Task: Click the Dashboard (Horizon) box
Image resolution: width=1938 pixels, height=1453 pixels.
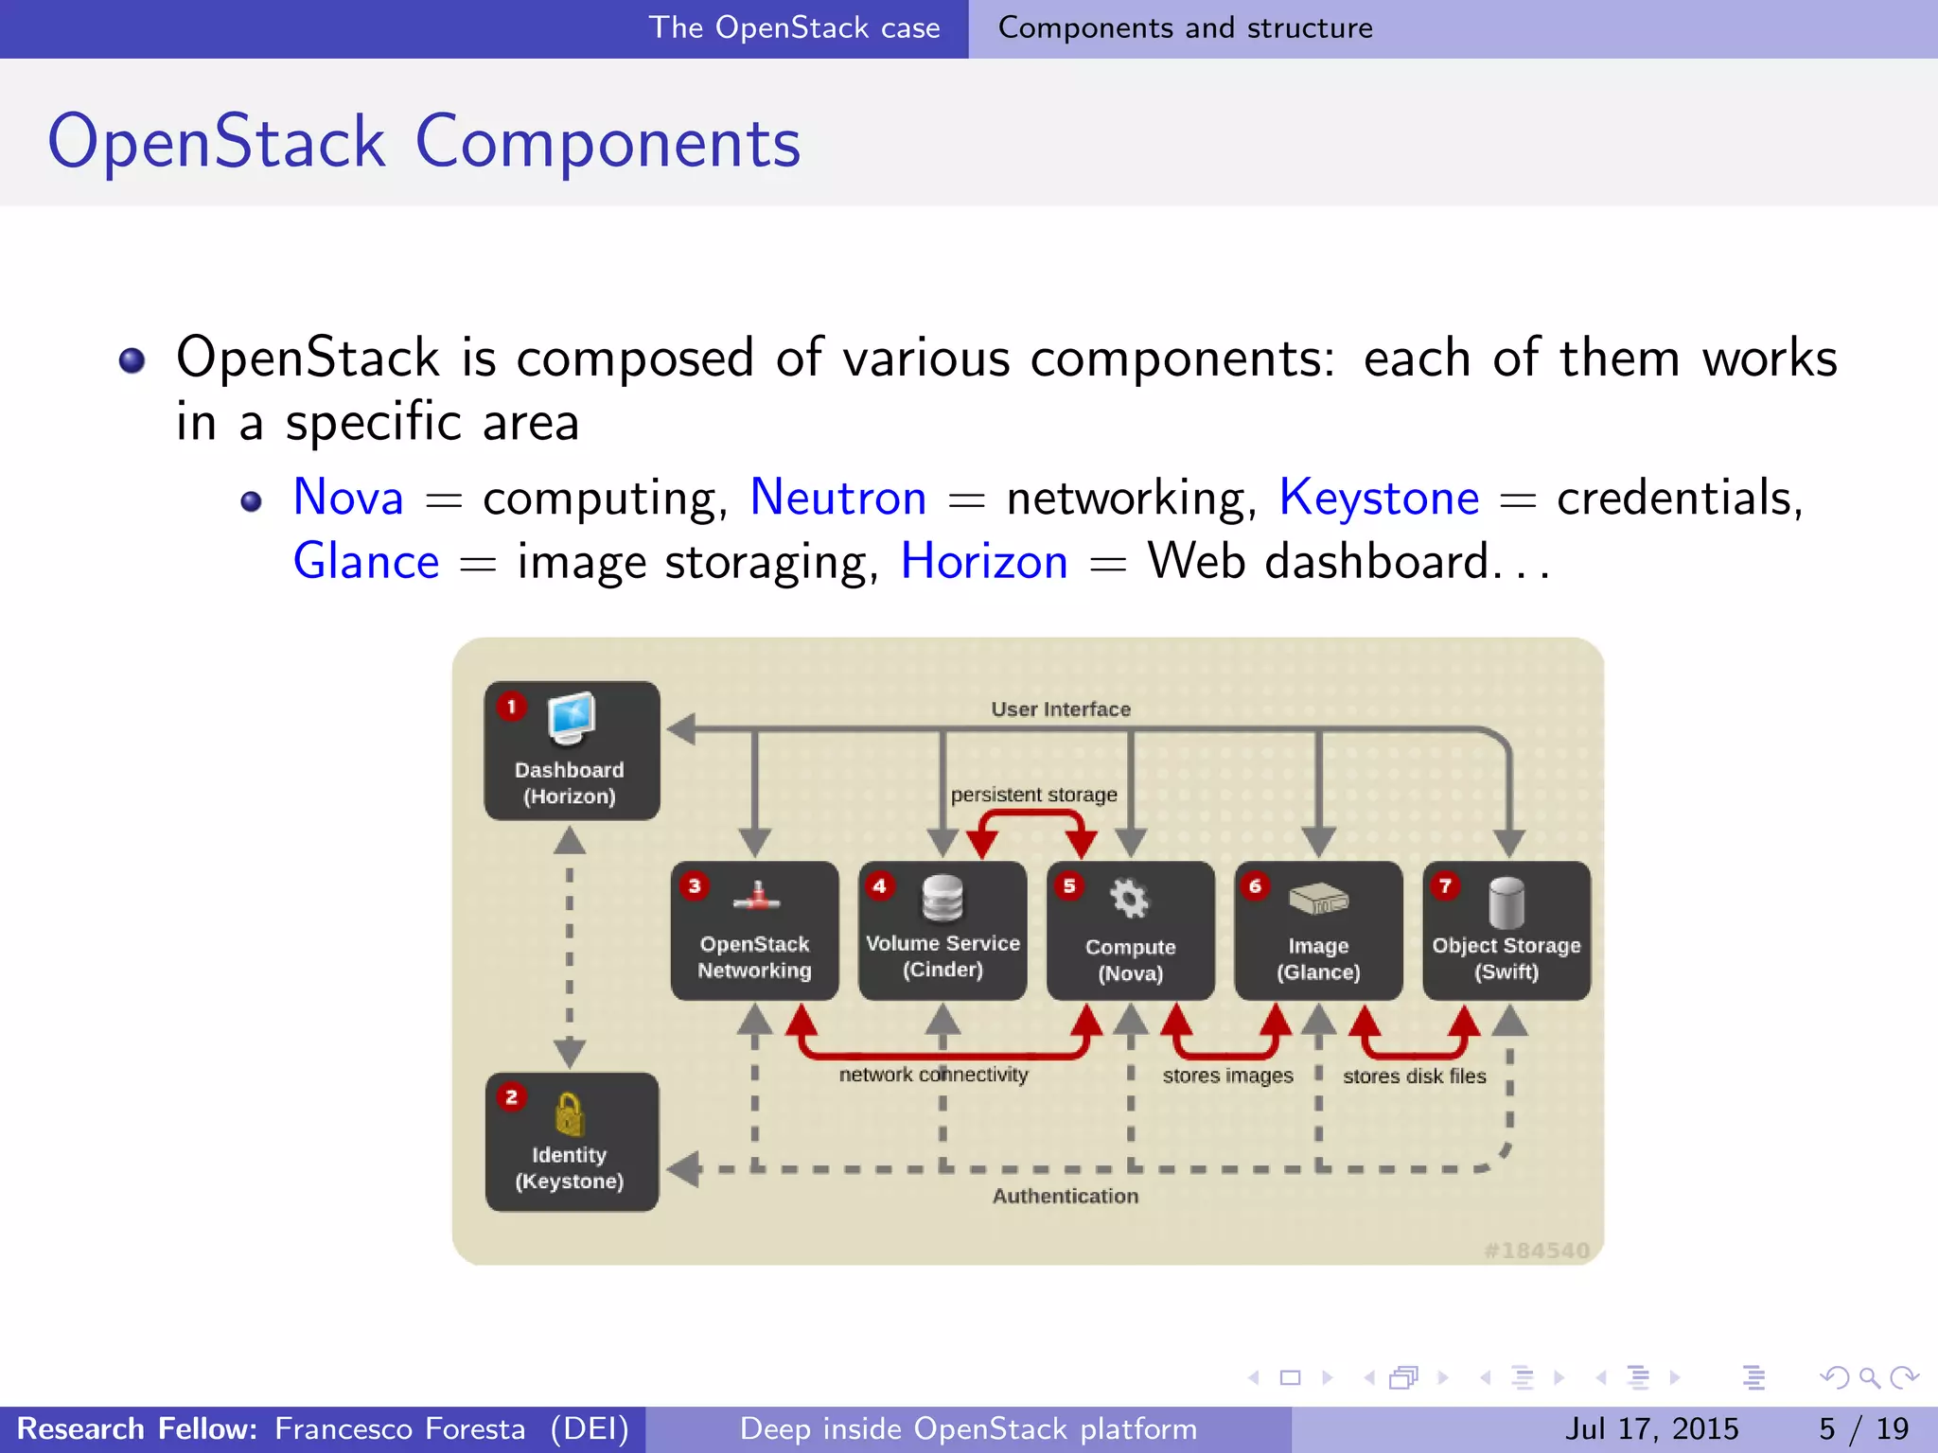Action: tap(572, 750)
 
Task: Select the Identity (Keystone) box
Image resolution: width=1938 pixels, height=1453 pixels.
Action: tap(572, 1141)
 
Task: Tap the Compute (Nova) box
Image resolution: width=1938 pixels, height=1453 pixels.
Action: tap(1130, 931)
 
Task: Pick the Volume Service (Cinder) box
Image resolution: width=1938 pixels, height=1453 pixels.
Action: tap(943, 931)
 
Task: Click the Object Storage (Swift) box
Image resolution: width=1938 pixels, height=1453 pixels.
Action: tap(1506, 931)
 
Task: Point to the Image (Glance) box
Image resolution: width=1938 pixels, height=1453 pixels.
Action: tap(1318, 931)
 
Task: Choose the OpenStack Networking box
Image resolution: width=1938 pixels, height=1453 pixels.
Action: tap(754, 931)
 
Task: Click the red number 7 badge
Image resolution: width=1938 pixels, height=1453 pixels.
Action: tap(1445, 886)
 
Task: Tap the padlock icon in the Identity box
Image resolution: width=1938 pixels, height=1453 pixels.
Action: tap(569, 1113)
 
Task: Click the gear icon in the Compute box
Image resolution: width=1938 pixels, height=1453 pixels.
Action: tap(1129, 899)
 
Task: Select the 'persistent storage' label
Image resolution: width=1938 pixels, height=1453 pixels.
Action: tap(1033, 795)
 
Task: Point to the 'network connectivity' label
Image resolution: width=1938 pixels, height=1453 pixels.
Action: tap(933, 1075)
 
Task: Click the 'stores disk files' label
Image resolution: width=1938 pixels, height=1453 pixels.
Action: tap(1414, 1076)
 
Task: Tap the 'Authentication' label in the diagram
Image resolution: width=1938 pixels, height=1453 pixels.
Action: tap(1065, 1196)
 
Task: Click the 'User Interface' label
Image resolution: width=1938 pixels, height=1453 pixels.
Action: tap(1061, 709)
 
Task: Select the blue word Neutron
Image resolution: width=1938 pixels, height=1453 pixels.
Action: tap(837, 498)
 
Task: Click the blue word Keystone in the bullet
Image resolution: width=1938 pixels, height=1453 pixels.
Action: tap(1378, 498)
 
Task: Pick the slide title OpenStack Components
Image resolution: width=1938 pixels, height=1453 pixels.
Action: tap(424, 142)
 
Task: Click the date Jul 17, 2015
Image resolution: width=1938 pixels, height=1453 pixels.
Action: tap(1651, 1428)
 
